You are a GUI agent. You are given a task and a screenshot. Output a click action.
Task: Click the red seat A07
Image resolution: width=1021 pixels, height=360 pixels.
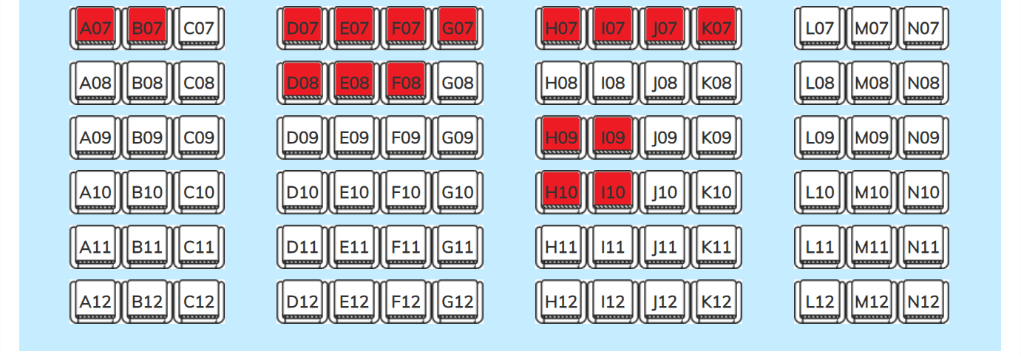pos(95,28)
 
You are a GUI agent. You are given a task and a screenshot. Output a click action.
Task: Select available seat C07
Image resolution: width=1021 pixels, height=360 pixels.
pos(199,28)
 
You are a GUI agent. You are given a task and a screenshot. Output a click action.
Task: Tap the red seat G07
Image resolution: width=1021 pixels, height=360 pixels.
pos(458,28)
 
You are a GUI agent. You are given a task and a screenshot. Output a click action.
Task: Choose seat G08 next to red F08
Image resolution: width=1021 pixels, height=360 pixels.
pos(458,83)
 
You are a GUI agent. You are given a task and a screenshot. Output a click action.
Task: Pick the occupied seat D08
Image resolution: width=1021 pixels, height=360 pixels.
pos(302,83)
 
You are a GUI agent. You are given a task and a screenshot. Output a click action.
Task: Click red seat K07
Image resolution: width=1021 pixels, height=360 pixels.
pos(716,28)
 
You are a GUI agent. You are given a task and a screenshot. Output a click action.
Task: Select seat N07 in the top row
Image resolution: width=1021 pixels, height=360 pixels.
pos(923,28)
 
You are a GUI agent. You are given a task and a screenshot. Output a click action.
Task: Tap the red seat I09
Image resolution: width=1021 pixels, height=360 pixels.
pos(613,137)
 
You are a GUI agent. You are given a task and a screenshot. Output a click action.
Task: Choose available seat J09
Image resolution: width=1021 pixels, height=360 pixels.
pos(665,137)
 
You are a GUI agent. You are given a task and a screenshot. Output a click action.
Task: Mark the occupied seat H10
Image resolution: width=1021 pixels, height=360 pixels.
pos(561,192)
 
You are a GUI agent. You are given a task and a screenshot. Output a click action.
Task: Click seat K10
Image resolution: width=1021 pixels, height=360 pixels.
pos(716,192)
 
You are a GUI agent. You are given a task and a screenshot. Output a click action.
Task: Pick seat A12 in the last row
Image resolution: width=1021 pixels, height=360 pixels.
pos(95,302)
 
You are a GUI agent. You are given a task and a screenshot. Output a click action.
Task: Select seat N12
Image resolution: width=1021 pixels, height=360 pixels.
pos(923,302)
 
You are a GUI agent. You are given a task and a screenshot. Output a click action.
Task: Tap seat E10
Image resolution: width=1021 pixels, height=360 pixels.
pos(354,192)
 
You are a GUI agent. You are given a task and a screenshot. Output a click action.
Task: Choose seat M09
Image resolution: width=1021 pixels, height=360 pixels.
pos(872,137)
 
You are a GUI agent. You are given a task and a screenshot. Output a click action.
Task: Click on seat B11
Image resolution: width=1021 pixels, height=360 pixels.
pos(147,247)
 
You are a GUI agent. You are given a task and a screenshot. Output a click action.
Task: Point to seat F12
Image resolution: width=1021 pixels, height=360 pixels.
pos(406,302)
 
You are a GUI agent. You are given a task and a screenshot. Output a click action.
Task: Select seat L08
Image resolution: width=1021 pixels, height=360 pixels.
pos(820,83)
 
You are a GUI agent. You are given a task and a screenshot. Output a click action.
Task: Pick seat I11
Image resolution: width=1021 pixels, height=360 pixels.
pos(613,247)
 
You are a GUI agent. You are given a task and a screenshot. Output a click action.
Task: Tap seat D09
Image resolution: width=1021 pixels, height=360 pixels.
pos(302,137)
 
